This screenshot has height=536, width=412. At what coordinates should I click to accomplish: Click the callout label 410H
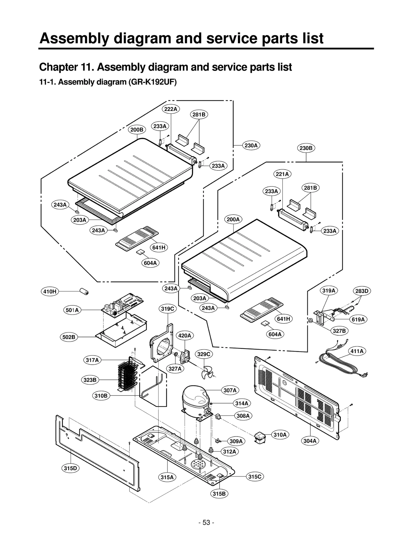click(x=50, y=291)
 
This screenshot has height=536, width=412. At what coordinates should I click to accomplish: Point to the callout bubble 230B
click(x=306, y=148)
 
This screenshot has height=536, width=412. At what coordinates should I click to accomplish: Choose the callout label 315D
click(x=70, y=468)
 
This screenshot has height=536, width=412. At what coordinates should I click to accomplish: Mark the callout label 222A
click(x=171, y=109)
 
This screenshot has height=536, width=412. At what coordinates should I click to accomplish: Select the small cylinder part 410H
click(x=84, y=292)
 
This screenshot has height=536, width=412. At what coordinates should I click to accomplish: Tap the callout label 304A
click(x=310, y=441)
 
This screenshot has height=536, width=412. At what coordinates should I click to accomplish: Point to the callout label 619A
click(x=358, y=319)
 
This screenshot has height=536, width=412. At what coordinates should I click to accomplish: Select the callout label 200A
click(x=233, y=219)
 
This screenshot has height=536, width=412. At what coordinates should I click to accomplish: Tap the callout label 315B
click(x=219, y=494)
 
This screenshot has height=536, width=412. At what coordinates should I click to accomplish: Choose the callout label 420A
click(x=185, y=336)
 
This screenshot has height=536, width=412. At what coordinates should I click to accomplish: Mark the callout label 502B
click(x=69, y=337)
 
